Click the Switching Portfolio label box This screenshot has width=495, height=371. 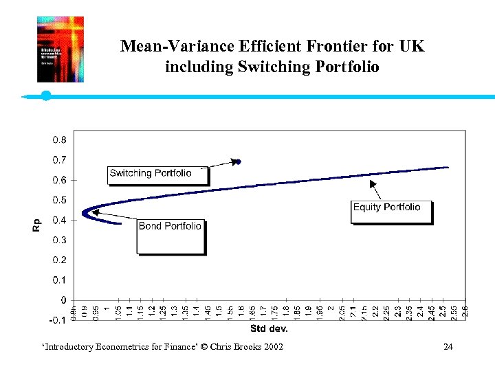click(x=158, y=174)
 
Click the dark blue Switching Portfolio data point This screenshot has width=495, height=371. click(x=237, y=162)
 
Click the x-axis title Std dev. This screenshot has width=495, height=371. click(x=268, y=328)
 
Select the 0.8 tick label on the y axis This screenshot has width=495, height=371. click(x=59, y=140)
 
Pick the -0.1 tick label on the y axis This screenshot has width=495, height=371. click(x=58, y=320)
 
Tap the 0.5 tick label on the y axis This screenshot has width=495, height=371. click(x=59, y=200)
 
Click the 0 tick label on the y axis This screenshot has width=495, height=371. click(x=63, y=300)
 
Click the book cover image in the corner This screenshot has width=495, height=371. click(x=60, y=49)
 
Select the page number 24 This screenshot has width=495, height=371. click(x=448, y=346)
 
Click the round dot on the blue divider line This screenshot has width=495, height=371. click(x=46, y=95)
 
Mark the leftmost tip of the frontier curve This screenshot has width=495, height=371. click(x=82, y=212)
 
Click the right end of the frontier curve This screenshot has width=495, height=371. click(x=448, y=167)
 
